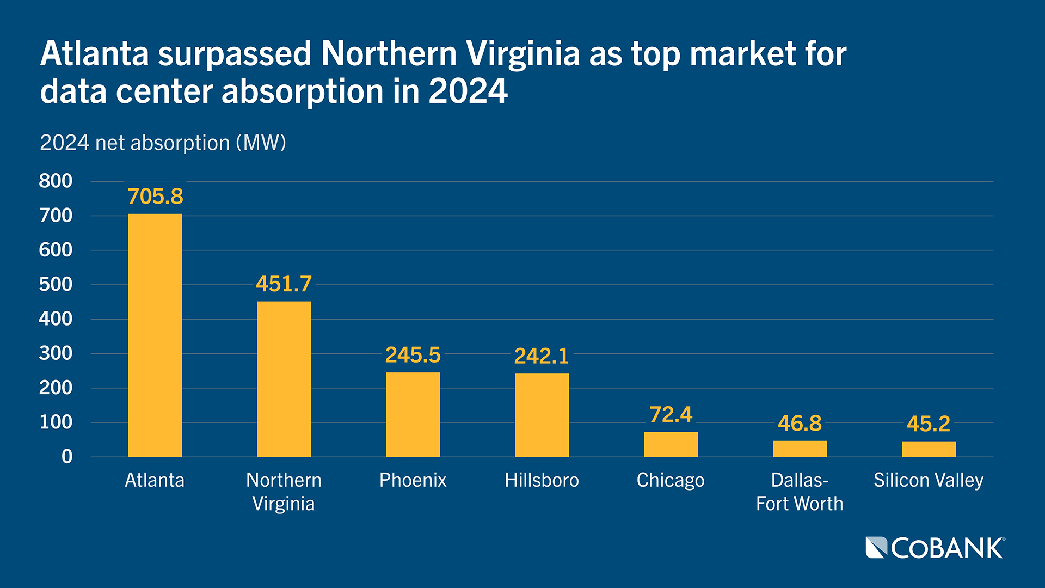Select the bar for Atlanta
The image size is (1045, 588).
[x=155, y=335]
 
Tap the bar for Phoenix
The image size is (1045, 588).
[x=413, y=414]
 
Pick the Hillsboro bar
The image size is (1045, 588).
[x=542, y=415]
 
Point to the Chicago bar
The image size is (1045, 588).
[x=671, y=444]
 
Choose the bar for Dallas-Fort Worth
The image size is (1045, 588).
[x=800, y=449]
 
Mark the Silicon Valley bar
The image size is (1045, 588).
[x=929, y=449]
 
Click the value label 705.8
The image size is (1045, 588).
[x=155, y=197]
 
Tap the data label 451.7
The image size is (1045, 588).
[x=284, y=284]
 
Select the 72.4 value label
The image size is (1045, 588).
[x=671, y=415]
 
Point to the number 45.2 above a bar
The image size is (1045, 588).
[x=929, y=424]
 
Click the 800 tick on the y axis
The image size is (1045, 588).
[x=56, y=181]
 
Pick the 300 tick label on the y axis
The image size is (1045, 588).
[x=56, y=353]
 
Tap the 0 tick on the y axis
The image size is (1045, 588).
[x=66, y=456]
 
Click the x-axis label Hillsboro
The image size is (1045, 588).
[x=542, y=480]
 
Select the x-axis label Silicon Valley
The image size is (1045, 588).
[x=929, y=480]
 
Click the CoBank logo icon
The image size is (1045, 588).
[x=876, y=548]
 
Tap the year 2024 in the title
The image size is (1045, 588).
[x=468, y=91]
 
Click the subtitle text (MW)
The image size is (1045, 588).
[x=261, y=143]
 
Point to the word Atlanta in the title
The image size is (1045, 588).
[x=94, y=54]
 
